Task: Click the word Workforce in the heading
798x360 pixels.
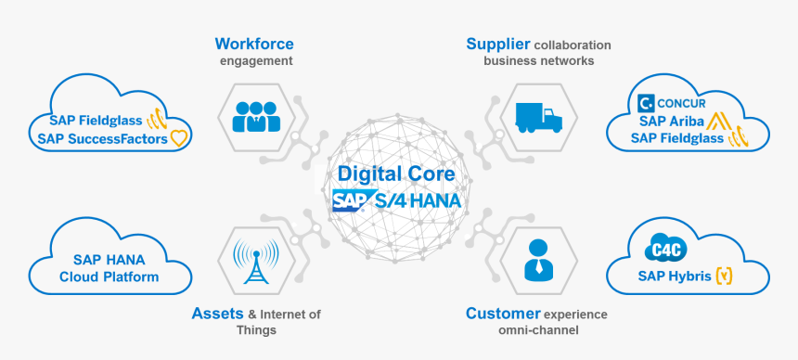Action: pyautogui.click(x=254, y=44)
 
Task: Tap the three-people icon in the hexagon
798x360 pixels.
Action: pyautogui.click(x=255, y=115)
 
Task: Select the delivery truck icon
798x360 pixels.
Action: pyautogui.click(x=536, y=117)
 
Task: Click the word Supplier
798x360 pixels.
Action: pyautogui.click(x=498, y=44)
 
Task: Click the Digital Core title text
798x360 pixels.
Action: pyautogui.click(x=396, y=174)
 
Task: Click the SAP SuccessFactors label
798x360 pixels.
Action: pyautogui.click(x=102, y=139)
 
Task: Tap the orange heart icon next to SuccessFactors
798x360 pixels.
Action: pyautogui.click(x=179, y=139)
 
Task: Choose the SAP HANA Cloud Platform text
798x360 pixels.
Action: pyautogui.click(x=109, y=268)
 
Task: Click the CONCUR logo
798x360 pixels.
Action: pyautogui.click(x=675, y=102)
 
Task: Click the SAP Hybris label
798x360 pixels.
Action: pyautogui.click(x=674, y=276)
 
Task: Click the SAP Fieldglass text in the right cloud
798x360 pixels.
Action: pyautogui.click(x=677, y=138)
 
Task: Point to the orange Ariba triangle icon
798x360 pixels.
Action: pyautogui.click(x=715, y=121)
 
